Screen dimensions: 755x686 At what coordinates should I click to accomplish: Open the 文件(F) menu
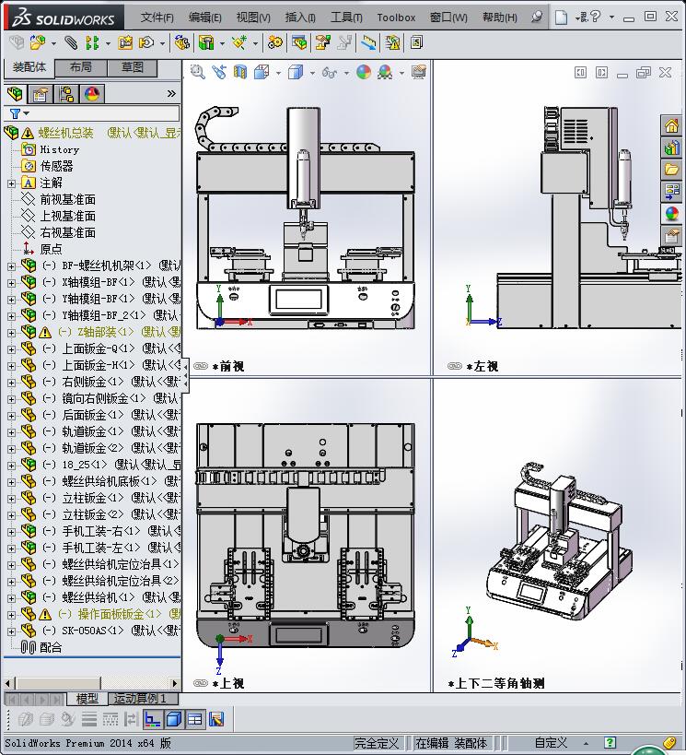[x=157, y=17]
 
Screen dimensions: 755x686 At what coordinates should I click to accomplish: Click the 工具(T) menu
[x=346, y=17]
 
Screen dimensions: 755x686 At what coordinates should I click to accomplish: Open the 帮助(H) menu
[x=499, y=17]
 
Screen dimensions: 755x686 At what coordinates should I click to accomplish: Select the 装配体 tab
[x=29, y=67]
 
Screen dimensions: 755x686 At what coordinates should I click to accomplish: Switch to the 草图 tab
[x=132, y=67]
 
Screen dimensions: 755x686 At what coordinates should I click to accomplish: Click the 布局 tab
[x=81, y=67]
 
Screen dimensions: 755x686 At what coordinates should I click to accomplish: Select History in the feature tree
[x=60, y=149]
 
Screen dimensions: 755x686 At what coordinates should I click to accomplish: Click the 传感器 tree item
[x=56, y=166]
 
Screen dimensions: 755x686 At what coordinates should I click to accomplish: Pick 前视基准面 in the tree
[x=67, y=199]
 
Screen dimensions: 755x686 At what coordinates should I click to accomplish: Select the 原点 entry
[x=51, y=249]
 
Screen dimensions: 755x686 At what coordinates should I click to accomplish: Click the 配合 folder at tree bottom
[x=51, y=647]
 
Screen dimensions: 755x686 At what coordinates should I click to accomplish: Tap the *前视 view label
[x=227, y=366]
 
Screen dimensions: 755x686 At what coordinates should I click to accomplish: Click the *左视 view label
[x=482, y=366]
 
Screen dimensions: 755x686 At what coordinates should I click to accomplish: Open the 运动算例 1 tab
[x=139, y=699]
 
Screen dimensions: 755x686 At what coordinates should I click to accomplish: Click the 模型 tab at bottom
[x=87, y=699]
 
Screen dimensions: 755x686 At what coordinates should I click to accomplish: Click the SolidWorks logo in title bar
[x=63, y=17]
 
